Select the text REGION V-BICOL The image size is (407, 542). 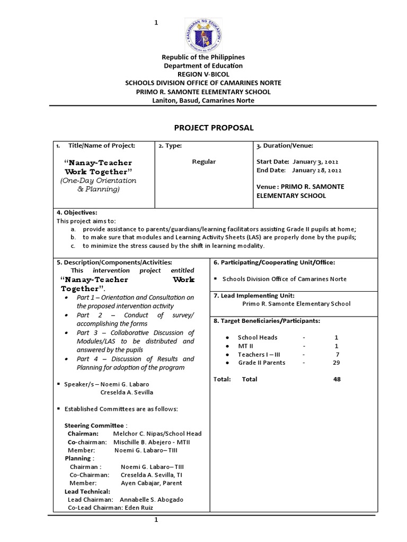pyautogui.click(x=203, y=74)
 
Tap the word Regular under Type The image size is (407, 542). pyautogui.click(x=204, y=161)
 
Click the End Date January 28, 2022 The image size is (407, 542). pyautogui.click(x=299, y=170)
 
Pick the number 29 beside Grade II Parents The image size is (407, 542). pyautogui.click(x=334, y=363)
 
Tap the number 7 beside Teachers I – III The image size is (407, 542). pyautogui.click(x=337, y=354)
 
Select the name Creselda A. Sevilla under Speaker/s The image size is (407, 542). pyautogui.click(x=127, y=392)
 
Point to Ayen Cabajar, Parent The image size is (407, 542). pyautogui.click(x=151, y=483)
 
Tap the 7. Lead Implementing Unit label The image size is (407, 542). pyautogui.click(x=254, y=295)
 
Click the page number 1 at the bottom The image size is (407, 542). pyautogui.click(x=156, y=521)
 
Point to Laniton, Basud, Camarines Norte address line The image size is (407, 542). pyautogui.click(x=203, y=100)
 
